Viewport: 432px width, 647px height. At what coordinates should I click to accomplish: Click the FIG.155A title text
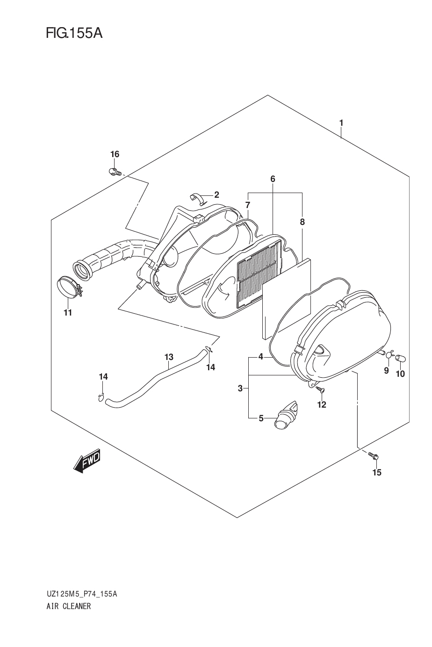[74, 34]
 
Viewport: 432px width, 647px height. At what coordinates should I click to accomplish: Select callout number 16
[115, 154]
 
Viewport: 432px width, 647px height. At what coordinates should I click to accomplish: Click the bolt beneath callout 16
[115, 172]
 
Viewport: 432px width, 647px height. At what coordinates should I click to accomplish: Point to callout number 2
[216, 194]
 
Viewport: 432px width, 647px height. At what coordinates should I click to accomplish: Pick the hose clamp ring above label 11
[70, 287]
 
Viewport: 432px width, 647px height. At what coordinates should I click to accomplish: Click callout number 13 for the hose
[169, 357]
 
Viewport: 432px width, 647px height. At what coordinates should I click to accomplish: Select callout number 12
[321, 405]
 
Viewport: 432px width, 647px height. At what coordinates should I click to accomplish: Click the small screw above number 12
[320, 389]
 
